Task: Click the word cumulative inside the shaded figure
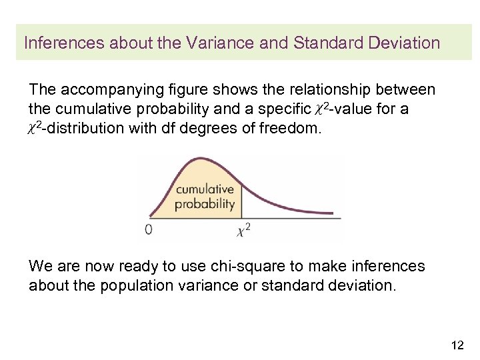pyautogui.click(x=205, y=190)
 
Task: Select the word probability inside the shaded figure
pyautogui.click(x=205, y=204)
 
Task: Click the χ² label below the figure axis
pyautogui.click(x=243, y=231)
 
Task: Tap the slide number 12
pyautogui.click(x=457, y=345)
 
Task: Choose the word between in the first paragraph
pyautogui.click(x=402, y=89)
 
